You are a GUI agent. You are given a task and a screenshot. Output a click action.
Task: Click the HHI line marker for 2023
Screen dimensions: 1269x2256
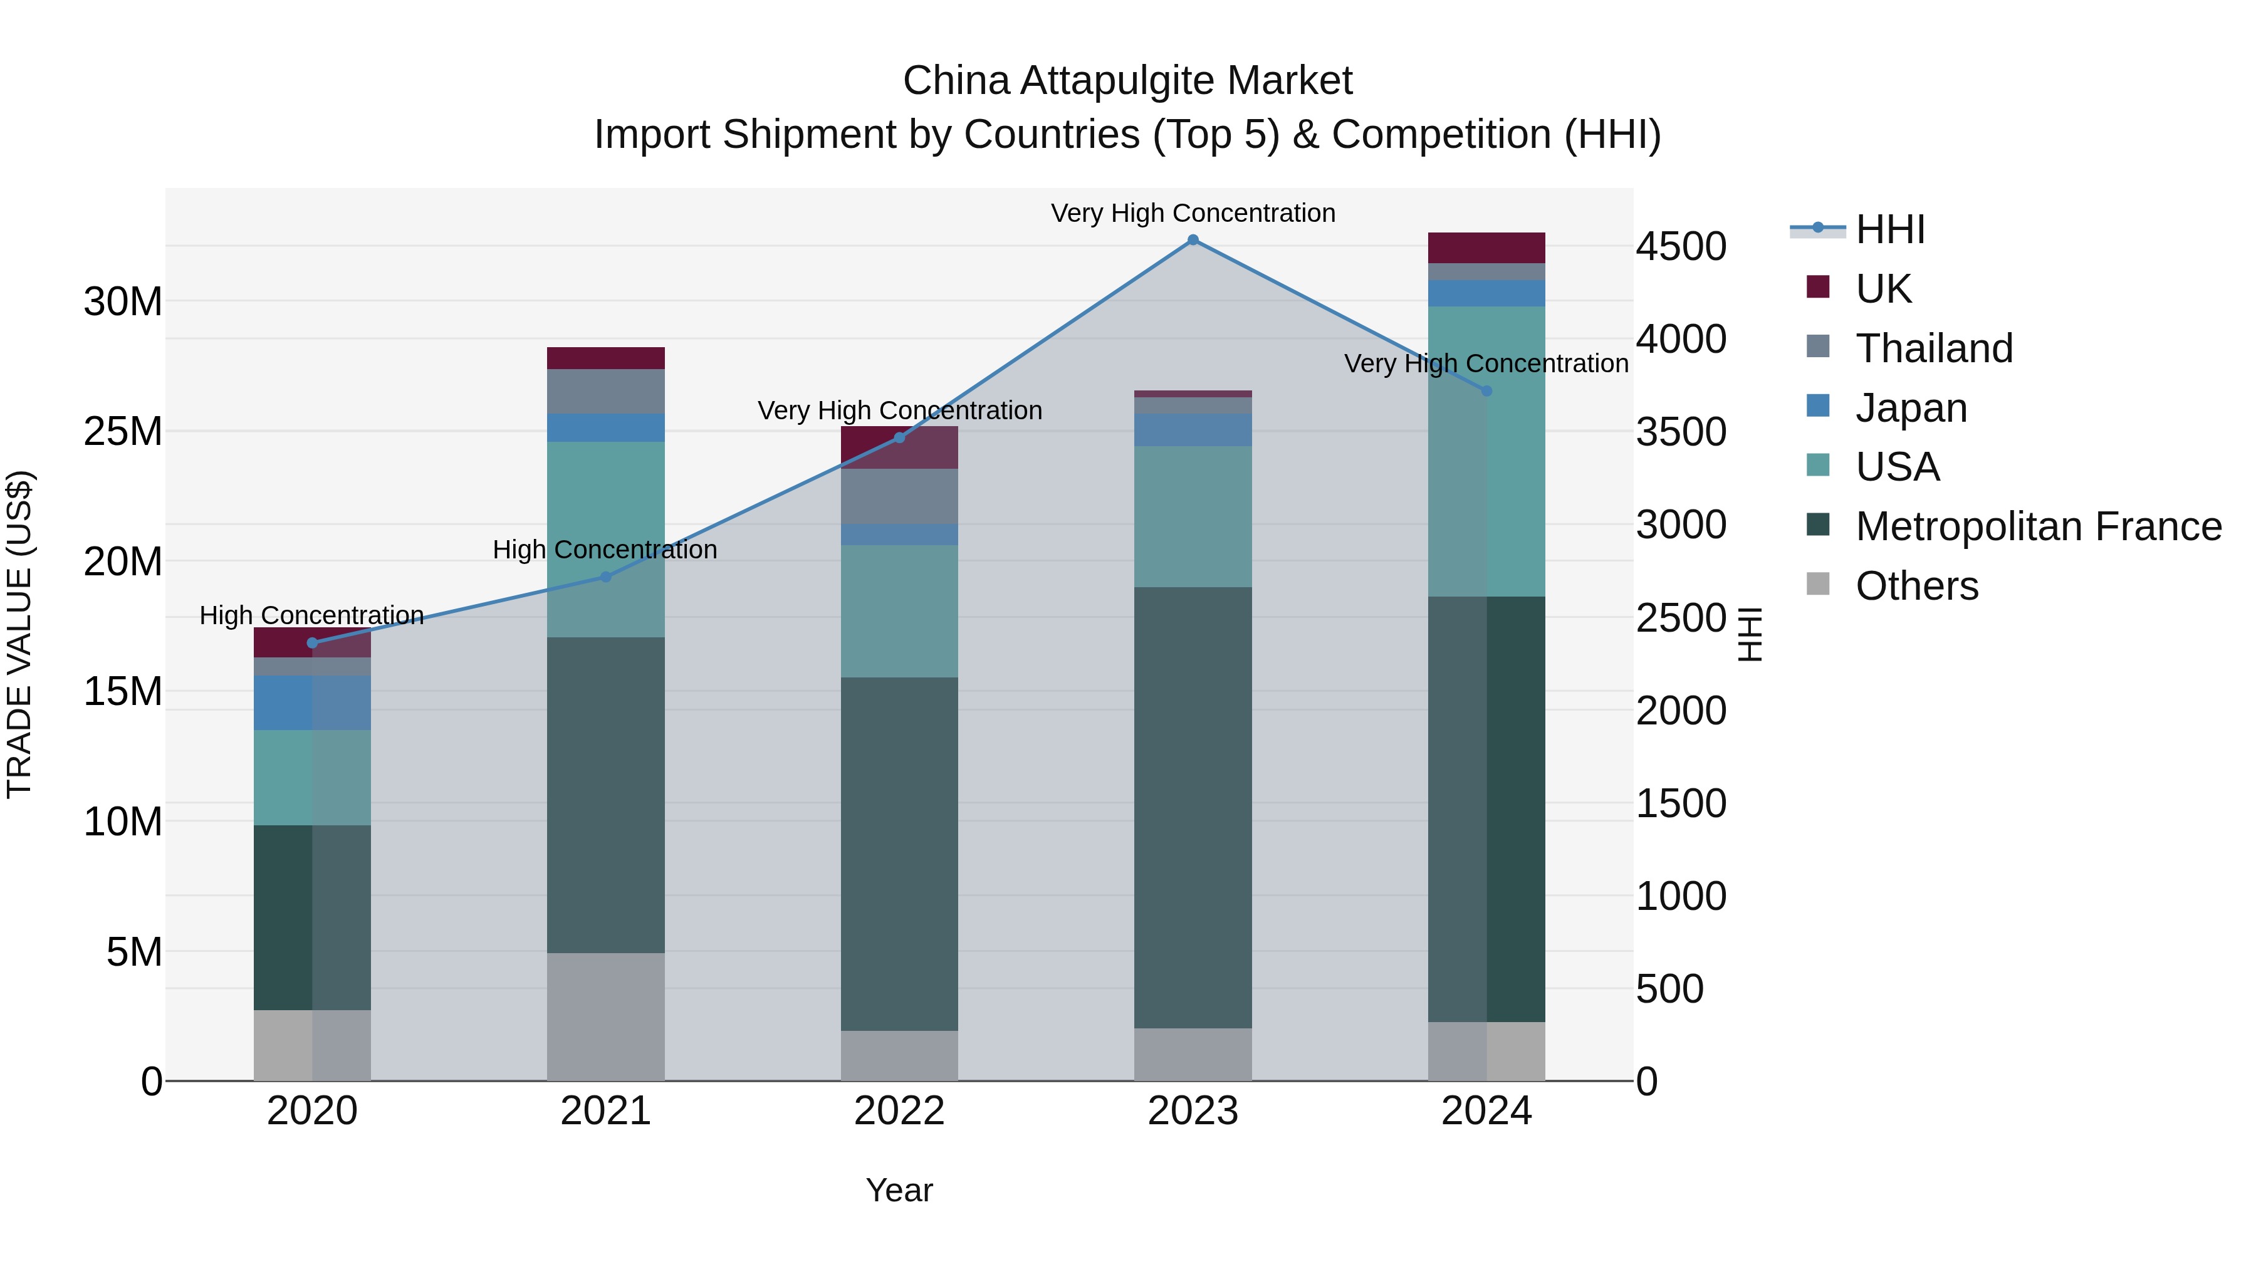tap(1193, 240)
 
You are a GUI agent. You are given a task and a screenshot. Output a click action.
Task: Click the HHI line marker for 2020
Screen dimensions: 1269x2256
tap(313, 643)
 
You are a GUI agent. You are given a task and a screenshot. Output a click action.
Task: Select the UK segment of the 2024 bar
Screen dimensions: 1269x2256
tap(1486, 248)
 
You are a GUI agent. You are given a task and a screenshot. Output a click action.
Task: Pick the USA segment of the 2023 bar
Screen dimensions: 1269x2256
tap(1193, 517)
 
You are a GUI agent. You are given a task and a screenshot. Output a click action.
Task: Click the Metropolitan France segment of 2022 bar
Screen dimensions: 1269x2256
tap(899, 854)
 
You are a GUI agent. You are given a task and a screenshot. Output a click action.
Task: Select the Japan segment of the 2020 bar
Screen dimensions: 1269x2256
tap(313, 702)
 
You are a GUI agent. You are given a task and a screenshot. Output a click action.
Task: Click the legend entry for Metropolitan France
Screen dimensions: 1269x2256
tap(2037, 526)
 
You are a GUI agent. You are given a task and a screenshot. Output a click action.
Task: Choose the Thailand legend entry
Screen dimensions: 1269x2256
tap(1934, 348)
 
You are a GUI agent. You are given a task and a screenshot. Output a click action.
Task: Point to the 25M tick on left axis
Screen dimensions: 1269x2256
tap(123, 432)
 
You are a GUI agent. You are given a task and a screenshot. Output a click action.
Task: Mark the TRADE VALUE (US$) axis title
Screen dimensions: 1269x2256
tap(19, 634)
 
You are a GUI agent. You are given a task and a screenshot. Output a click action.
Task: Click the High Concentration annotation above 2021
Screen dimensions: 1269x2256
tap(605, 550)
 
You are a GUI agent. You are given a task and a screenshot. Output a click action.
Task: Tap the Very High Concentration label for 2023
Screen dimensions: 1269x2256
tap(1193, 213)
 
